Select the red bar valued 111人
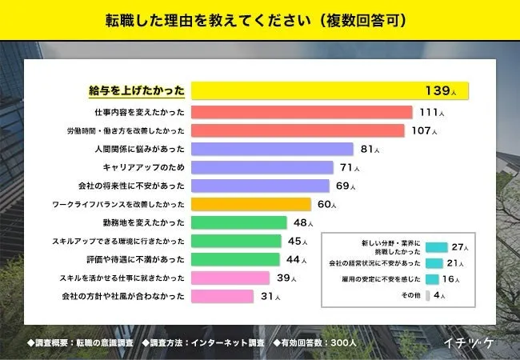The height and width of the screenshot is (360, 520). (302, 112)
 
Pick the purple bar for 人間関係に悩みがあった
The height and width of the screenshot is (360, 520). (272, 149)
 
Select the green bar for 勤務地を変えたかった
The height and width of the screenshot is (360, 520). (238, 223)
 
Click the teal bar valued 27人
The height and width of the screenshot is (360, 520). (436, 247)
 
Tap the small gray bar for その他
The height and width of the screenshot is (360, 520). (428, 295)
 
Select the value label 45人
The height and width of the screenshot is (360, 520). (296, 242)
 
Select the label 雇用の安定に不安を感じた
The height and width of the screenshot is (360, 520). (374, 279)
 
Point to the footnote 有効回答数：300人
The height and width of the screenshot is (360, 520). (321, 342)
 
